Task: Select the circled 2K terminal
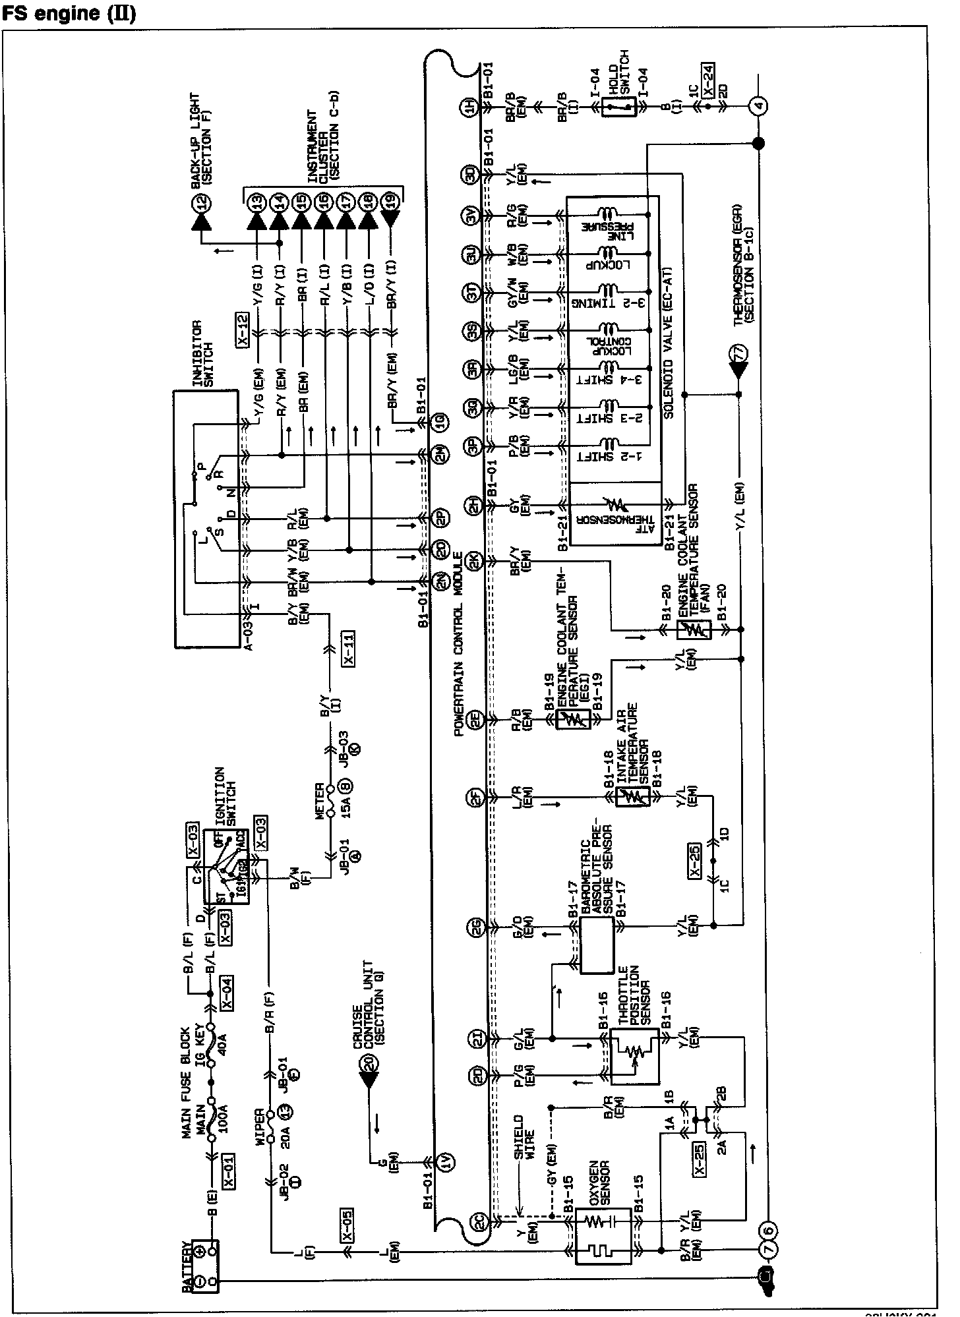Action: tap(474, 561)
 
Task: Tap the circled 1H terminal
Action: tap(471, 107)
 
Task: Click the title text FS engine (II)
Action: tap(70, 13)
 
